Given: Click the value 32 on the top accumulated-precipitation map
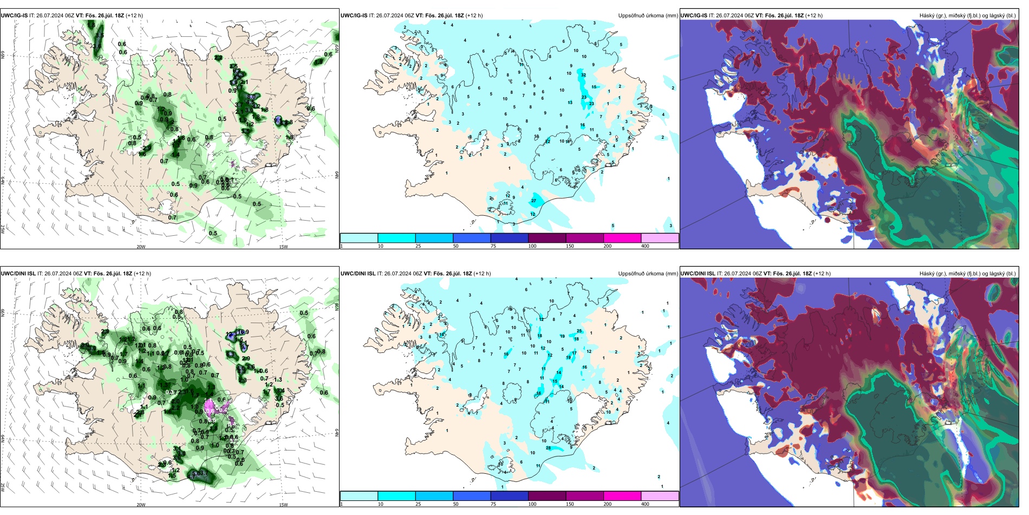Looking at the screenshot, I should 583,75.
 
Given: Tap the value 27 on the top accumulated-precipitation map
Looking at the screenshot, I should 533,201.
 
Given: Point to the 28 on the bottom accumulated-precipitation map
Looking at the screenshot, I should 549,448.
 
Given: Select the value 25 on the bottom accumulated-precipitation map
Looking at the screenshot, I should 579,331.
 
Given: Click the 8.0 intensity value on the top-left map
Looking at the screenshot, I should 251,97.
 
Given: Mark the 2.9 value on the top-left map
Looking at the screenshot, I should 147,148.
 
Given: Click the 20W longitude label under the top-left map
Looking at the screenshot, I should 141,247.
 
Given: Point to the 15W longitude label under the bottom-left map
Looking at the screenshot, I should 283,505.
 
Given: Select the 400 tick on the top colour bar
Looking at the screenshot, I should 645,246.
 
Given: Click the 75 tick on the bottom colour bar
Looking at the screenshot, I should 493,504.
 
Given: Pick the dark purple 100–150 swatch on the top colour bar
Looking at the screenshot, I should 546,238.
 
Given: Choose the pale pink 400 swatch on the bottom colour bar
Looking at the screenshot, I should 660,496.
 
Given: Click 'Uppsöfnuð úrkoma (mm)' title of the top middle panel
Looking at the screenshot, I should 648,16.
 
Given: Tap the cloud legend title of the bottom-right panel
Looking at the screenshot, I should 967,274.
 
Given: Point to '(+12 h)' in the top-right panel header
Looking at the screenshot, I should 813,16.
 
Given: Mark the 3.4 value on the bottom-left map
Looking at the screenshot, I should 280,390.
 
